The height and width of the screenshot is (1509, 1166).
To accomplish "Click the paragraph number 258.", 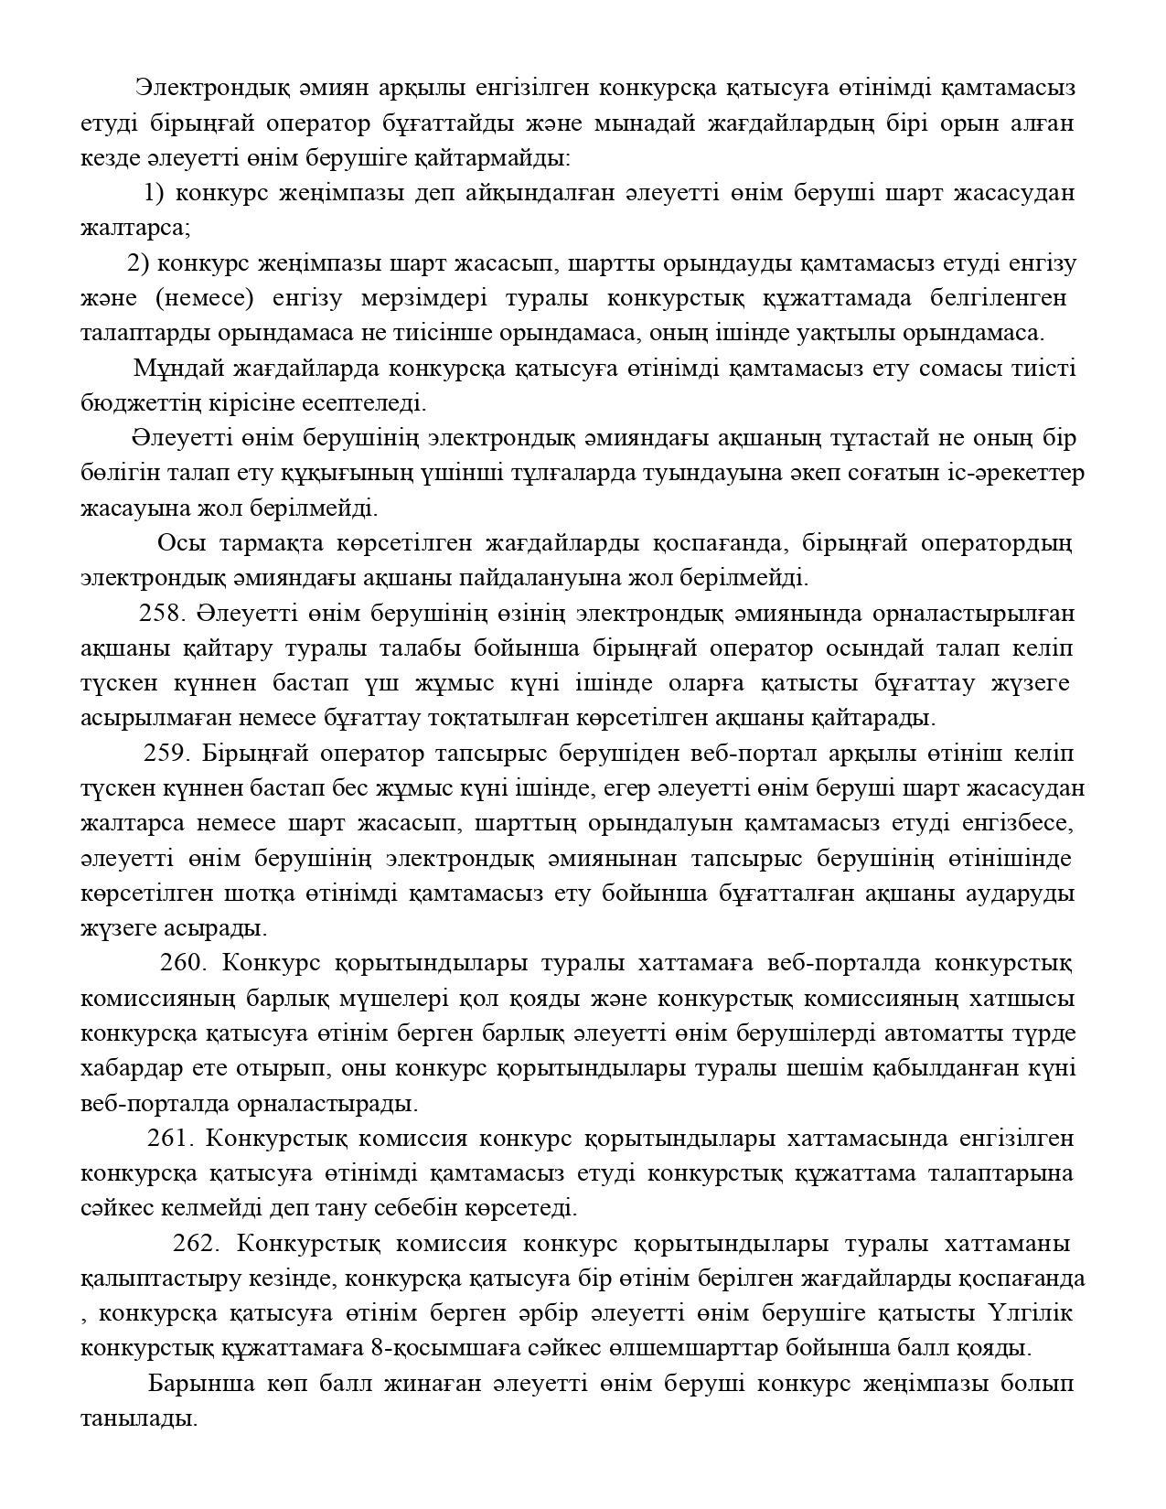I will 162,613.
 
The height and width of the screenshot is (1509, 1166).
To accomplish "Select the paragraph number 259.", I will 166,754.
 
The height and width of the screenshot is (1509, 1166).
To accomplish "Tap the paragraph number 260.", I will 184,963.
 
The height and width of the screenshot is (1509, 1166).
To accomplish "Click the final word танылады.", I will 139,1419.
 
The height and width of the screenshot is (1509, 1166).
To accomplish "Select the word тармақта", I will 272,543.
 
